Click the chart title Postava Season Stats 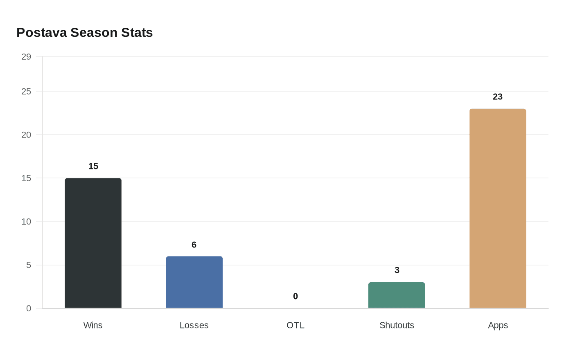click(84, 33)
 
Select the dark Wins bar click(93, 243)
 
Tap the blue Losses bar click(194, 282)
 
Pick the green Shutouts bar click(397, 295)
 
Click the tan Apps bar click(498, 208)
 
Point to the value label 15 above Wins click(93, 166)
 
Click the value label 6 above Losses click(194, 245)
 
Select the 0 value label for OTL click(296, 296)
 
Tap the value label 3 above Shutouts click(397, 270)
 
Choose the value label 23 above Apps click(498, 97)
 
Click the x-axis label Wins click(93, 325)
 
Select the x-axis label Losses click(194, 325)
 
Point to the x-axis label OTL click(296, 325)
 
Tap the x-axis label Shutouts click(397, 325)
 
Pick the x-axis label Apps click(498, 325)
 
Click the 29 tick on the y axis click(26, 57)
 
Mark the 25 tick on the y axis click(26, 92)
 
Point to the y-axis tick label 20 click(26, 135)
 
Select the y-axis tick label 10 click(26, 222)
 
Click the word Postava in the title click(41, 33)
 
